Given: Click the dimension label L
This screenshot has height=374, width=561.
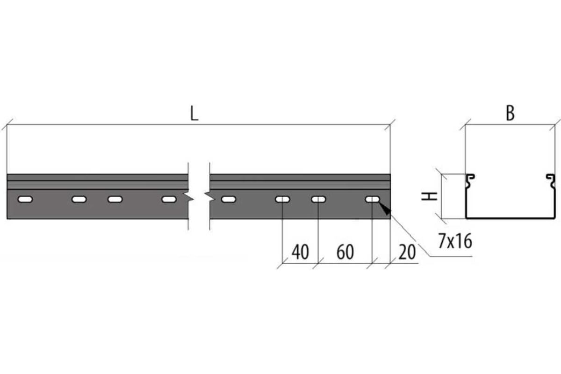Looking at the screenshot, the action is pyautogui.click(x=194, y=113).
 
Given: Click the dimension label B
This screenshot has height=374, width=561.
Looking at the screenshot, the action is pyautogui.click(x=510, y=113).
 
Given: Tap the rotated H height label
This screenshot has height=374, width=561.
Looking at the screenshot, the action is pyautogui.click(x=430, y=196).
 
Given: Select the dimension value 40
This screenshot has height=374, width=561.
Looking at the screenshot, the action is pyautogui.click(x=300, y=252).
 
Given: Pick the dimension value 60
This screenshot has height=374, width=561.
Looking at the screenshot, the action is pyautogui.click(x=345, y=252).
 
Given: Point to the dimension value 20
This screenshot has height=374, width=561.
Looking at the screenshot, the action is pyautogui.click(x=407, y=252).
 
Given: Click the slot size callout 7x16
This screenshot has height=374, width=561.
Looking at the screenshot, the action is pyautogui.click(x=455, y=241).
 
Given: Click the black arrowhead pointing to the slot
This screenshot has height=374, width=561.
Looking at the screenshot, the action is pyautogui.click(x=385, y=209).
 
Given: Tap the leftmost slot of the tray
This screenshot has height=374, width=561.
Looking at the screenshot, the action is pyautogui.click(x=25, y=200).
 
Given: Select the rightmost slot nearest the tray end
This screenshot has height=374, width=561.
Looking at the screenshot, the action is pyautogui.click(x=373, y=200).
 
